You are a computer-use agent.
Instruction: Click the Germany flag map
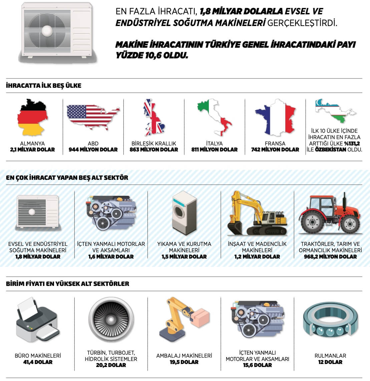[33, 117]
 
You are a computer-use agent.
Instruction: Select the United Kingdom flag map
[154, 117]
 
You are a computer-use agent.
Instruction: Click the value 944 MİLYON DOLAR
[93, 150]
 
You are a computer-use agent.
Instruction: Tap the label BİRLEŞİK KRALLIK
[154, 143]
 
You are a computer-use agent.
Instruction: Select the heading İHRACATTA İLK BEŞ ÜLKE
[44, 86]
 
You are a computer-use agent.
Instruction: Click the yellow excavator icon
[257, 214]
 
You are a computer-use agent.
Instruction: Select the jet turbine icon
[111, 320]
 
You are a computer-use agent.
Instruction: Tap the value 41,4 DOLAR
[38, 362]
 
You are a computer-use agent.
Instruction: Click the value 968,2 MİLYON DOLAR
[330, 257]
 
